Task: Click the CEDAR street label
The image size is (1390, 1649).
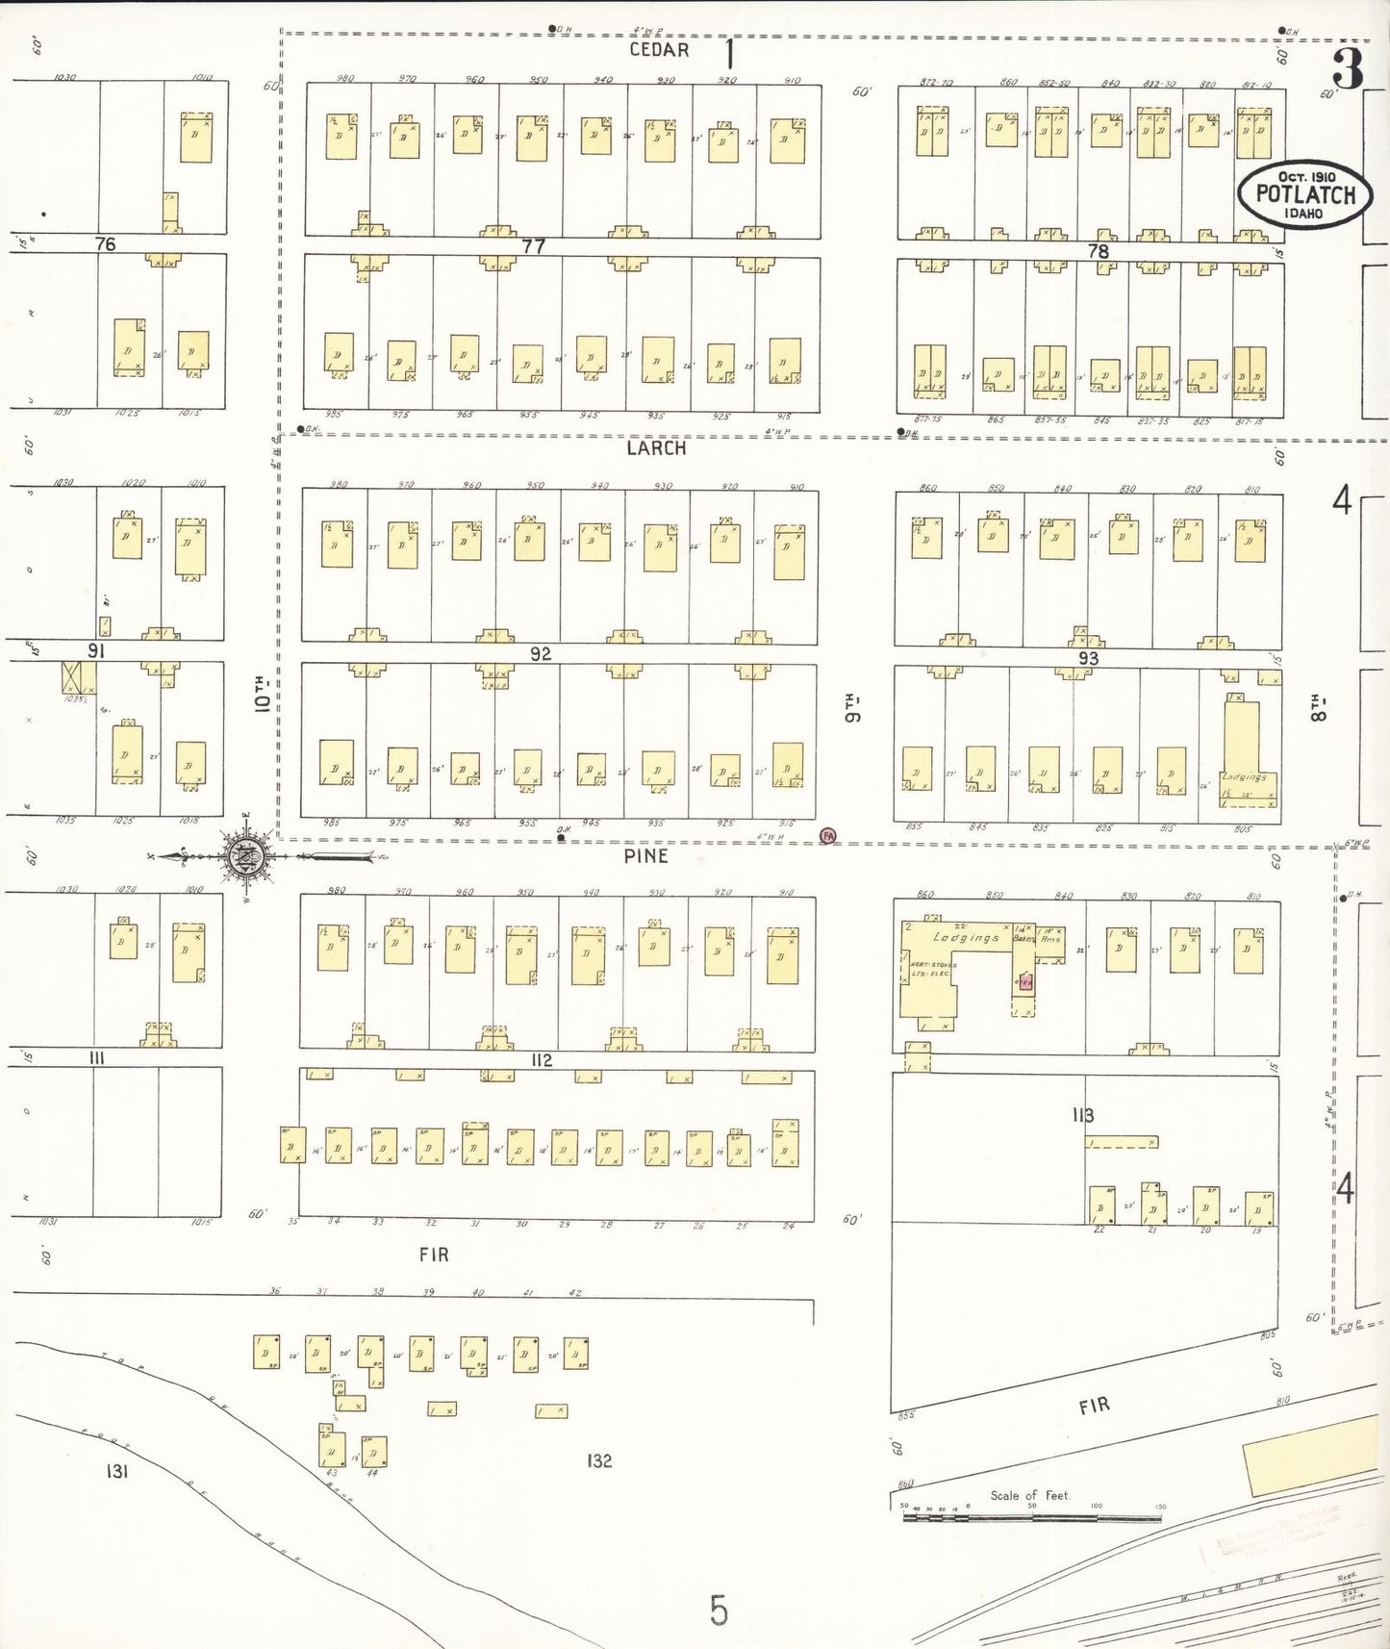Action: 659,50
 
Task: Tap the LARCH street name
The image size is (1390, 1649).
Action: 656,448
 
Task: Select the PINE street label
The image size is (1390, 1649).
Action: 645,856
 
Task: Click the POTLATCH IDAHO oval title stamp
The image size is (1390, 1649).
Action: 1304,193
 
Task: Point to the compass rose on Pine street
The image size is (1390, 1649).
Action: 246,855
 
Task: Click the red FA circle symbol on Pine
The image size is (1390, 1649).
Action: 827,836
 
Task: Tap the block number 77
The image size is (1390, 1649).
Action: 533,246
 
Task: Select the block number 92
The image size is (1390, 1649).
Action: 541,654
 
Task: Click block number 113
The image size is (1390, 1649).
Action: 1083,1115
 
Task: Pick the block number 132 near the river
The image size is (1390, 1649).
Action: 599,1460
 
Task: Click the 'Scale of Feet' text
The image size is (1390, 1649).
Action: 1030,1495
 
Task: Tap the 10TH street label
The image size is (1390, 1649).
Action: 261,693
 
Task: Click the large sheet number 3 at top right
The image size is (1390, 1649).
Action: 1347,68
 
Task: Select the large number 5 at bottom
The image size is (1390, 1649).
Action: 719,1610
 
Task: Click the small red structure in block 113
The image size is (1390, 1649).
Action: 1025,982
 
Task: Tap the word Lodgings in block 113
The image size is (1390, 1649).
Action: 966,937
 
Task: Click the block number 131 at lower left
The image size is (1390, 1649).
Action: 116,1471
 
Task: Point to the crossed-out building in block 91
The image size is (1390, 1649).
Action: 79,677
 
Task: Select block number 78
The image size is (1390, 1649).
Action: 1098,251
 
